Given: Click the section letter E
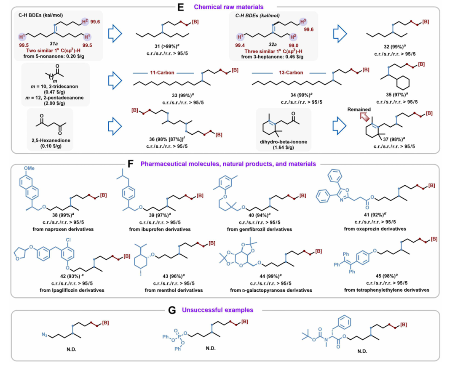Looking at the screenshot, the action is click(x=180, y=7).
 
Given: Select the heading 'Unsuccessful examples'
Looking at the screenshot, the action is click(x=218, y=310).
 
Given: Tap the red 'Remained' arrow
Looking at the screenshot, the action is click(x=364, y=117).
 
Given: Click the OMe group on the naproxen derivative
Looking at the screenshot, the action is click(x=29, y=168).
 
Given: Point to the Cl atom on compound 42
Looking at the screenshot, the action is click(x=68, y=240).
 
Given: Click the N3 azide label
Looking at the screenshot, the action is click(x=44, y=335).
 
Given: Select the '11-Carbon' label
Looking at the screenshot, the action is click(x=162, y=72).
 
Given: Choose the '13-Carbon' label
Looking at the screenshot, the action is click(x=291, y=72).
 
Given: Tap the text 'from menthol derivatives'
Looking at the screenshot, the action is click(x=174, y=290).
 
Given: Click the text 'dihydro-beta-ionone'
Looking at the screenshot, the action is click(x=284, y=142).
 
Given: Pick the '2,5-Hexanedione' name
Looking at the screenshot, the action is click(x=51, y=140).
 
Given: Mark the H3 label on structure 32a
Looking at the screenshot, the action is click(x=303, y=22).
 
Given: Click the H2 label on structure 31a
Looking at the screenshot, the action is click(x=85, y=21).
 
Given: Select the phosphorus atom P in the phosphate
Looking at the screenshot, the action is click(x=179, y=337).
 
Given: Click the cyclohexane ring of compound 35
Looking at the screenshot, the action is click(x=403, y=83).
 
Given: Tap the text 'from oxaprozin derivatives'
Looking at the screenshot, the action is click(x=375, y=229).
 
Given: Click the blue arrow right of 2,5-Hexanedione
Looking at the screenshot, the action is click(x=114, y=126).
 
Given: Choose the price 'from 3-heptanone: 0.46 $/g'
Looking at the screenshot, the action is click(x=272, y=57).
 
